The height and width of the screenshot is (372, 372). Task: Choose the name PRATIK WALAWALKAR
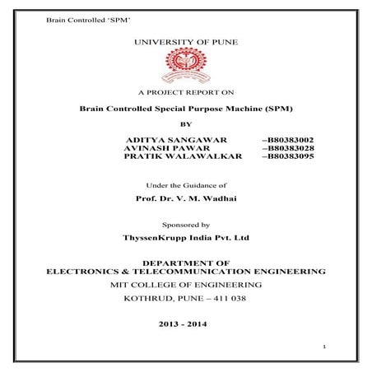(x=176, y=156)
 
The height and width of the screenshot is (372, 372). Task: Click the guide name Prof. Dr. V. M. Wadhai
(x=185, y=200)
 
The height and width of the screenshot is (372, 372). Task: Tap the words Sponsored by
(x=185, y=224)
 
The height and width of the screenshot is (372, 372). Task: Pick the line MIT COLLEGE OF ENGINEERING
(x=185, y=284)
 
